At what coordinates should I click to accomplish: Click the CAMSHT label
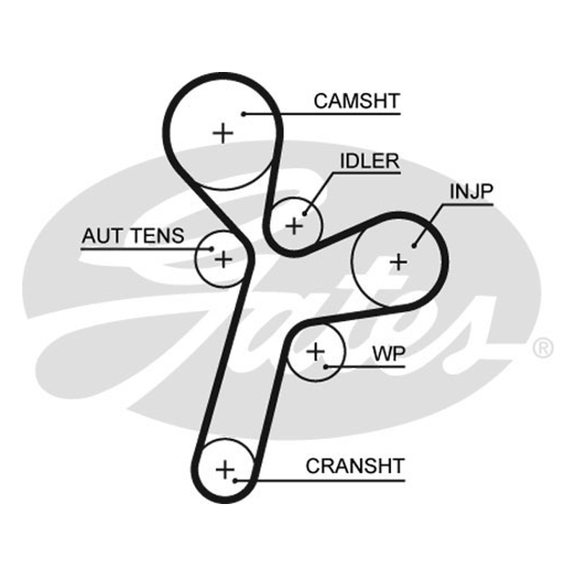[356, 101]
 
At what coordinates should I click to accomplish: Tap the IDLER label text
[369, 161]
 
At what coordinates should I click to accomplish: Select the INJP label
[472, 192]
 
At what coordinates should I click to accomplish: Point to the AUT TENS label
[132, 236]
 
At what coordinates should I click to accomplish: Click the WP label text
[389, 354]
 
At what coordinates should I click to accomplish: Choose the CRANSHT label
[355, 466]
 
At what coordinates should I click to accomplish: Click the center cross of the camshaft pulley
[223, 133]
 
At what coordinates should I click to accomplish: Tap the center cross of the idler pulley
[294, 225]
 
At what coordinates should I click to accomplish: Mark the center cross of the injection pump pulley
[398, 262]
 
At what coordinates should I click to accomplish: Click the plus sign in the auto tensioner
[223, 259]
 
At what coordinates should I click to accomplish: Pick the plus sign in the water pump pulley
[315, 352]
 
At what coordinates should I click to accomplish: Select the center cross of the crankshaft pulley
[225, 469]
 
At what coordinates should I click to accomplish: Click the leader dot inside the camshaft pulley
[243, 114]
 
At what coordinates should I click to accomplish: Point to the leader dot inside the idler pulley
[304, 213]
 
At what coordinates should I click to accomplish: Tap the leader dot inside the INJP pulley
[414, 246]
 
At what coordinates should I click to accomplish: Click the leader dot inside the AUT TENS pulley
[212, 248]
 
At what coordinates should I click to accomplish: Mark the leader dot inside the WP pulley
[326, 366]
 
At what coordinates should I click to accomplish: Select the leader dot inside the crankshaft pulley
[235, 480]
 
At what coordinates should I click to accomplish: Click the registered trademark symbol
[543, 348]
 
